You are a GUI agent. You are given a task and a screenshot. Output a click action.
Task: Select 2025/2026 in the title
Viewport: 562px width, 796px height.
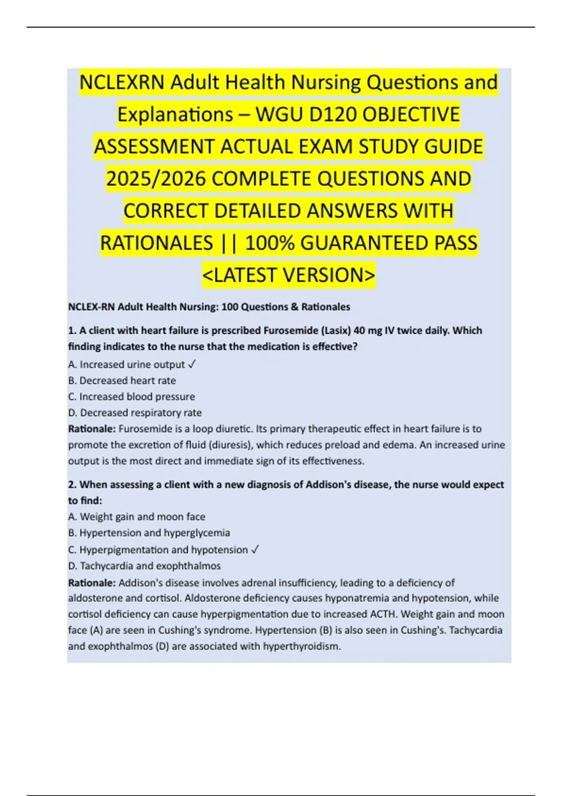(156, 179)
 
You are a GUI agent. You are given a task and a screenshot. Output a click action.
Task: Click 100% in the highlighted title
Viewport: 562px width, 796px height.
(269, 243)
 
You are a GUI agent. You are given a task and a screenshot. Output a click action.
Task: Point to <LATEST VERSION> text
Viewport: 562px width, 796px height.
(288, 275)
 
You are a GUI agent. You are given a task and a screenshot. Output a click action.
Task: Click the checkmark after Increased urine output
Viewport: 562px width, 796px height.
(192, 364)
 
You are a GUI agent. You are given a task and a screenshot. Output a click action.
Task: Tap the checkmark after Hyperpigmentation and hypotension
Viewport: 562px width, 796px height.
(255, 550)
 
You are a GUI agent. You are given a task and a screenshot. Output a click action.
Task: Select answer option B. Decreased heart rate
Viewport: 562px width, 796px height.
(122, 381)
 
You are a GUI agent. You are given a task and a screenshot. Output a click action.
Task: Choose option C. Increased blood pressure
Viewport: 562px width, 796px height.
(131, 397)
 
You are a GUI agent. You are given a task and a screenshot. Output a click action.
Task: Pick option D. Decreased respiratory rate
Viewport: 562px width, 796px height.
(135, 413)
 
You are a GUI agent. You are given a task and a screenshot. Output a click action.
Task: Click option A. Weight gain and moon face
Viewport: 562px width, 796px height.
(136, 516)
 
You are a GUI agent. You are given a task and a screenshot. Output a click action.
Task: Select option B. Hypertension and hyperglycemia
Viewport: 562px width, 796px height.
(149, 533)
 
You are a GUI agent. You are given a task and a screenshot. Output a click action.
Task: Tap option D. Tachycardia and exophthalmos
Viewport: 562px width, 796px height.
(144, 566)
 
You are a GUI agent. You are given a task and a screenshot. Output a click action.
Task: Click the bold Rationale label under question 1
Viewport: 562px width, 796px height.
(92, 429)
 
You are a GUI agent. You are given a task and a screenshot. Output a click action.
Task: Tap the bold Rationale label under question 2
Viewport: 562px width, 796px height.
(92, 583)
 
